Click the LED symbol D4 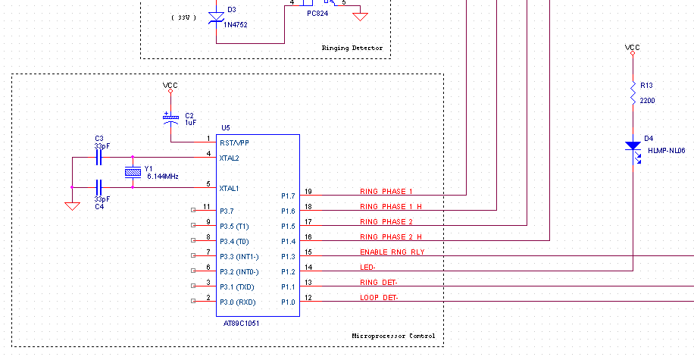click(x=633, y=146)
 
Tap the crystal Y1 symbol click(x=133, y=173)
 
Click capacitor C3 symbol click(x=98, y=158)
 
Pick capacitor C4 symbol click(x=98, y=186)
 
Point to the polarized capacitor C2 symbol click(x=171, y=119)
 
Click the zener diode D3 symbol click(x=216, y=17)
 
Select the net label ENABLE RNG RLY click(x=392, y=252)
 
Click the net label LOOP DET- click(x=379, y=298)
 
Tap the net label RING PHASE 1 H click(x=391, y=206)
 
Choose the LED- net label click(x=367, y=268)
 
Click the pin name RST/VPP click(x=233, y=142)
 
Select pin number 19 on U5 click(x=308, y=191)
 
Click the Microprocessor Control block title click(x=394, y=336)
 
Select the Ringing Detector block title click(x=352, y=48)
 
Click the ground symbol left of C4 click(x=72, y=205)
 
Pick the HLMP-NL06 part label click(x=667, y=151)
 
